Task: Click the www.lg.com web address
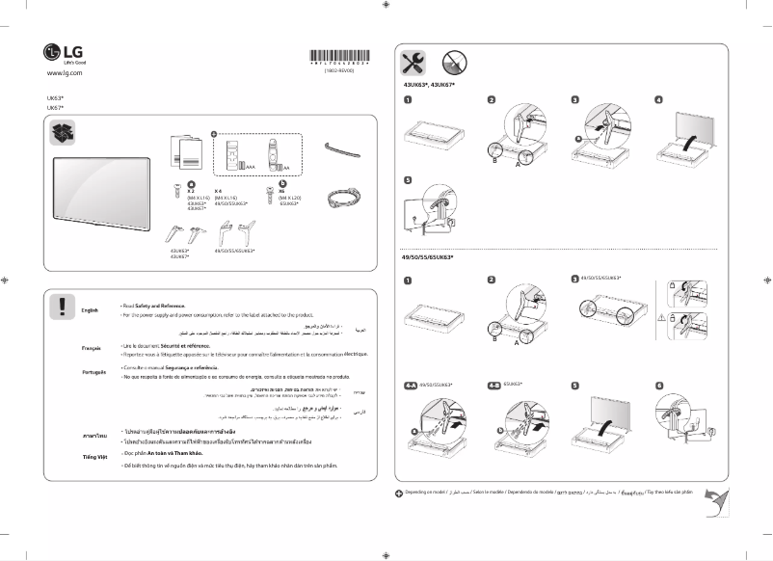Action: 65,73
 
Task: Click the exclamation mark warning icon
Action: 62,307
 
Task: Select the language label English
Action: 90,310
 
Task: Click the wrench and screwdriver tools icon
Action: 412,63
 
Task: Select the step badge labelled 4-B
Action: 493,385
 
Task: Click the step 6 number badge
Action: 660,385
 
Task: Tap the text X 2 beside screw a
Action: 191,192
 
